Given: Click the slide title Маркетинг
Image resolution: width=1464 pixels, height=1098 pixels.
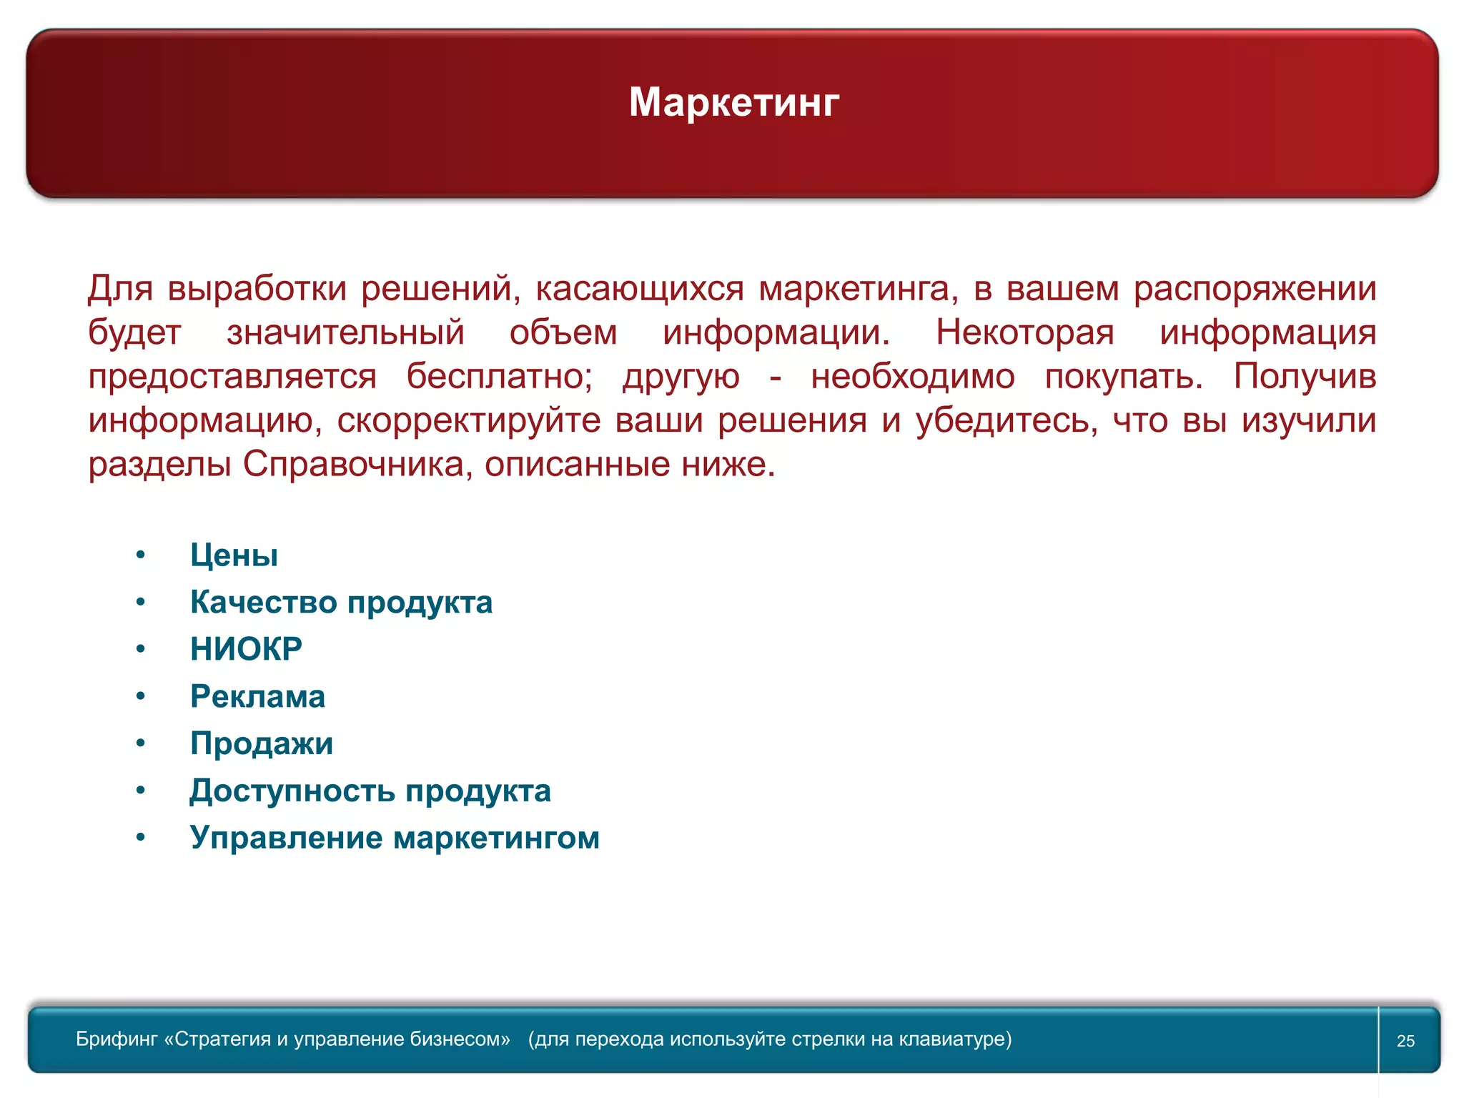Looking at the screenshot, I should tap(733, 102).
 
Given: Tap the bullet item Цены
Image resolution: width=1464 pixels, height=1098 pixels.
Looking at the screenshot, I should tap(234, 555).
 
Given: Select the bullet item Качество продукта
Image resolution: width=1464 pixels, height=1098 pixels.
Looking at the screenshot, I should tap(341, 603).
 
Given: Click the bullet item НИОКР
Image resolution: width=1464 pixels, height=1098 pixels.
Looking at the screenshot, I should tap(246, 649).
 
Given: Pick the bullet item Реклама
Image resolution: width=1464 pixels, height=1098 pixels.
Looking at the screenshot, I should tap(257, 696).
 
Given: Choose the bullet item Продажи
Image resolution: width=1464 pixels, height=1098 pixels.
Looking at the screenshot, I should tap(262, 743).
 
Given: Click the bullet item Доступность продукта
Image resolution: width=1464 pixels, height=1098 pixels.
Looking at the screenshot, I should tap(370, 791).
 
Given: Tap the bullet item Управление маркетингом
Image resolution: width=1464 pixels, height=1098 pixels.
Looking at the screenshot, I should tap(395, 838).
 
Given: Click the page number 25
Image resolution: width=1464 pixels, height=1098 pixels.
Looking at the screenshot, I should tap(1405, 1041).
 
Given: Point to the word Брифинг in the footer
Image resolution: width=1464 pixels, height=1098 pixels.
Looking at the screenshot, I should tap(117, 1039).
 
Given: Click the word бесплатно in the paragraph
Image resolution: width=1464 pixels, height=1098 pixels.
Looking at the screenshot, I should tap(499, 377).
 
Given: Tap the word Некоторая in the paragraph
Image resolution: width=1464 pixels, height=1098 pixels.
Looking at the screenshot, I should tap(1024, 332).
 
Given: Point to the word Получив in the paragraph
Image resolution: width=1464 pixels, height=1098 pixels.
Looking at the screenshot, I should tap(1304, 377).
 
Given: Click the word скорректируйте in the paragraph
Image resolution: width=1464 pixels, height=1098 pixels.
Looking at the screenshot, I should tap(468, 421).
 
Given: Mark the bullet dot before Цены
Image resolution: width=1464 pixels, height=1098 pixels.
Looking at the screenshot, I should tap(141, 555).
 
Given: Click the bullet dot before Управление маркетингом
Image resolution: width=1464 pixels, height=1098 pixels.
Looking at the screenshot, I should tap(141, 837).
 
